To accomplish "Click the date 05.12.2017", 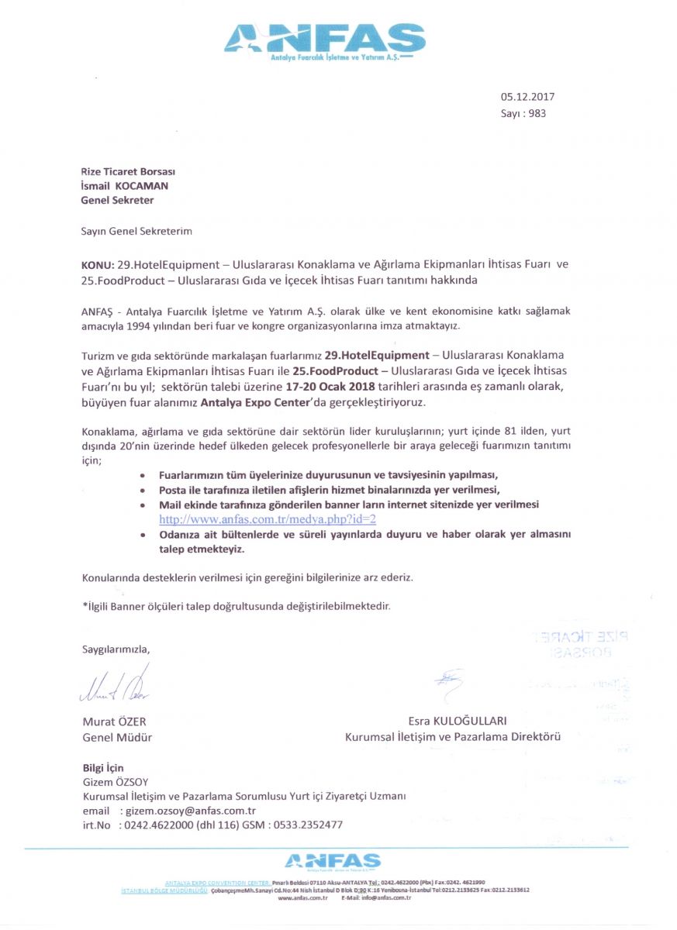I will click(x=527, y=97).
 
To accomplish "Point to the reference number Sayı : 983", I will click(x=523, y=113).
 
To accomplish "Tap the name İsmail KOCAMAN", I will click(x=125, y=185).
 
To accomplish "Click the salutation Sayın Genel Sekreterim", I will click(x=136, y=231).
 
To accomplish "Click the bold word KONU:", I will click(x=98, y=264).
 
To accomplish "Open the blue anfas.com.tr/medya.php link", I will click(x=268, y=518).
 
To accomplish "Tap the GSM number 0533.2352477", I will click(x=306, y=825).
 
